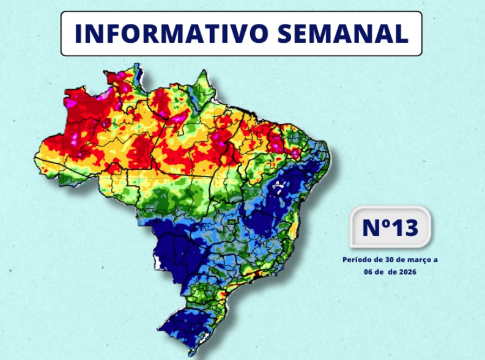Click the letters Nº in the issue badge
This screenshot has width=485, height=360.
pyautogui.click(x=374, y=227)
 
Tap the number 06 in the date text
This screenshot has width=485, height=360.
pyautogui.click(x=371, y=272)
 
